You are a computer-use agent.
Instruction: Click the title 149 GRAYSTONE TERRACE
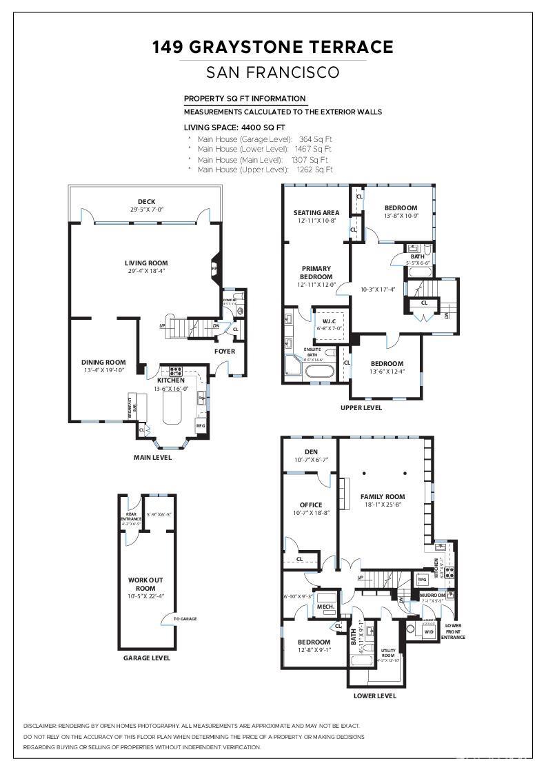point(273,47)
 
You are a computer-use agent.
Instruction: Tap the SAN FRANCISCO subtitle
point(273,72)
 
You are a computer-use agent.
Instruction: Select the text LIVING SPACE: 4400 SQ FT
point(234,128)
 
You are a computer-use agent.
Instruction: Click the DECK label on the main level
point(146,202)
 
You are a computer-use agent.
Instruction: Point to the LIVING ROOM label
point(146,263)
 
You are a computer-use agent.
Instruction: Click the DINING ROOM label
point(103,362)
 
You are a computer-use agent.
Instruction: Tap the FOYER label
point(225,351)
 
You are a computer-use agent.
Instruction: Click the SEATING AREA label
point(316,212)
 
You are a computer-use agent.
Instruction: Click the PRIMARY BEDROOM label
point(316,272)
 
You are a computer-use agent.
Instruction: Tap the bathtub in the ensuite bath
point(319,373)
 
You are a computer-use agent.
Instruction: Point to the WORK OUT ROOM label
point(145,584)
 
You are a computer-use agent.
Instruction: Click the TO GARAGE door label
point(185,619)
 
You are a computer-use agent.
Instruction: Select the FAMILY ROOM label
point(383,496)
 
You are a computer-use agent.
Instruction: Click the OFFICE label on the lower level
point(311,505)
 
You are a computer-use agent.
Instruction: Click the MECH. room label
point(325,607)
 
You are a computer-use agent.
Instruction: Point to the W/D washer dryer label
point(428,631)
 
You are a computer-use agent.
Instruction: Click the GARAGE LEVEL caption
point(146,658)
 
